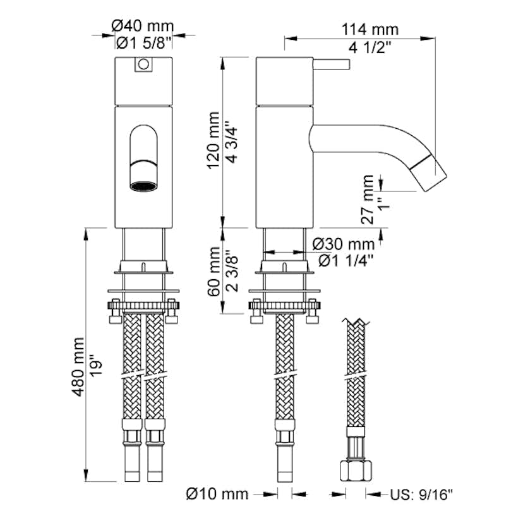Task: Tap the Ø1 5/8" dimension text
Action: coord(144,43)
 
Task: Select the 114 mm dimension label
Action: coord(370,29)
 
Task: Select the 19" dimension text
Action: coord(95,366)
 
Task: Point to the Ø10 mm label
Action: coord(218,493)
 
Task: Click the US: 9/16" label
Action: coord(422,493)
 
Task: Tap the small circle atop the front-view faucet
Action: coord(143,64)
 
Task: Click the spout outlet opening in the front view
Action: coord(144,186)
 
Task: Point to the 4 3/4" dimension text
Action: coord(232,141)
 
